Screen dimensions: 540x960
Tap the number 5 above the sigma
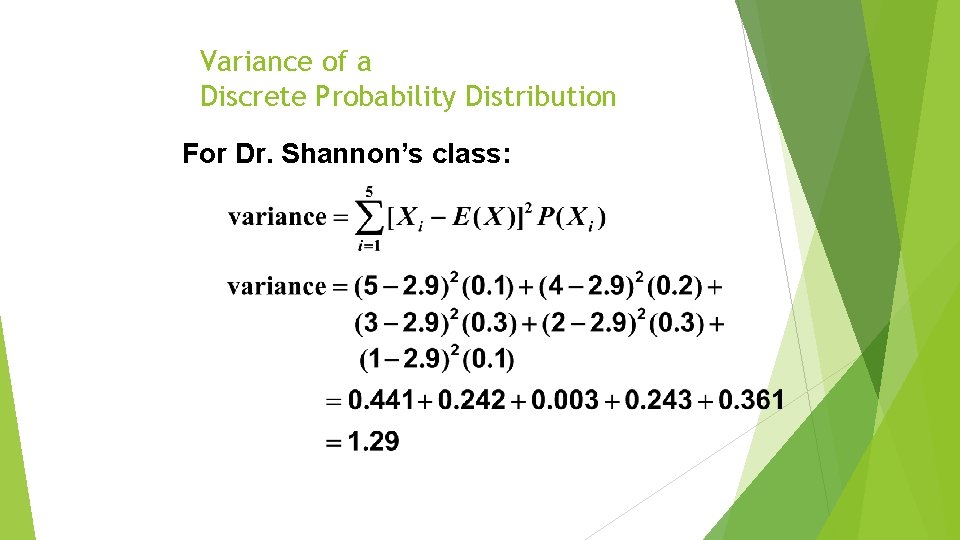click(369, 191)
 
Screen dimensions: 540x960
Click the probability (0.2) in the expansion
click(675, 287)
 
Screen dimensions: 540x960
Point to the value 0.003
click(567, 402)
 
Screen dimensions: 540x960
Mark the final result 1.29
click(372, 442)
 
